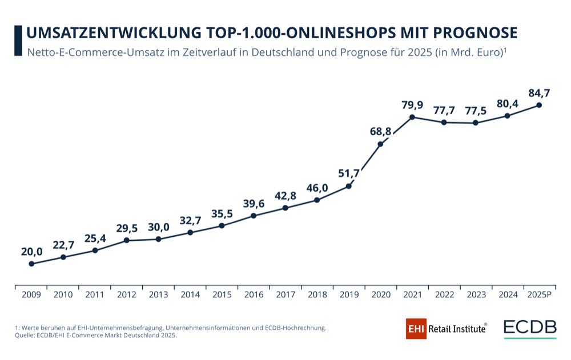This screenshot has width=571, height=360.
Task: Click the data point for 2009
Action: (31, 264)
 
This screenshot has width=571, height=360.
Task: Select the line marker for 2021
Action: (412, 117)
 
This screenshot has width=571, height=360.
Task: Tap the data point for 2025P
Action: (539, 105)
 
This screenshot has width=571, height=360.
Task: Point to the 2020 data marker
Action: (380, 144)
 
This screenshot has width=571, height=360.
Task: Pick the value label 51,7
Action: (348, 173)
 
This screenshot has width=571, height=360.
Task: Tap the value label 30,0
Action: (158, 226)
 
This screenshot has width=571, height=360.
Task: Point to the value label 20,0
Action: (31, 251)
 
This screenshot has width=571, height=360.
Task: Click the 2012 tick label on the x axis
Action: (127, 295)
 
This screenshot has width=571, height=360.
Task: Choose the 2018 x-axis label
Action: (317, 295)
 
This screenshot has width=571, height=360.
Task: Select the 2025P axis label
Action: (539, 295)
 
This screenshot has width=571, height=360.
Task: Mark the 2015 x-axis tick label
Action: (222, 295)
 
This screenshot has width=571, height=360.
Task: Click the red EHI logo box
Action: (416, 329)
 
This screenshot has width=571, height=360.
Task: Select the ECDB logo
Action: (530, 329)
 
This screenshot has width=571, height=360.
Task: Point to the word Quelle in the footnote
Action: (25, 335)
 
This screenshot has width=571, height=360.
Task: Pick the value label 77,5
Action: (476, 110)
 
